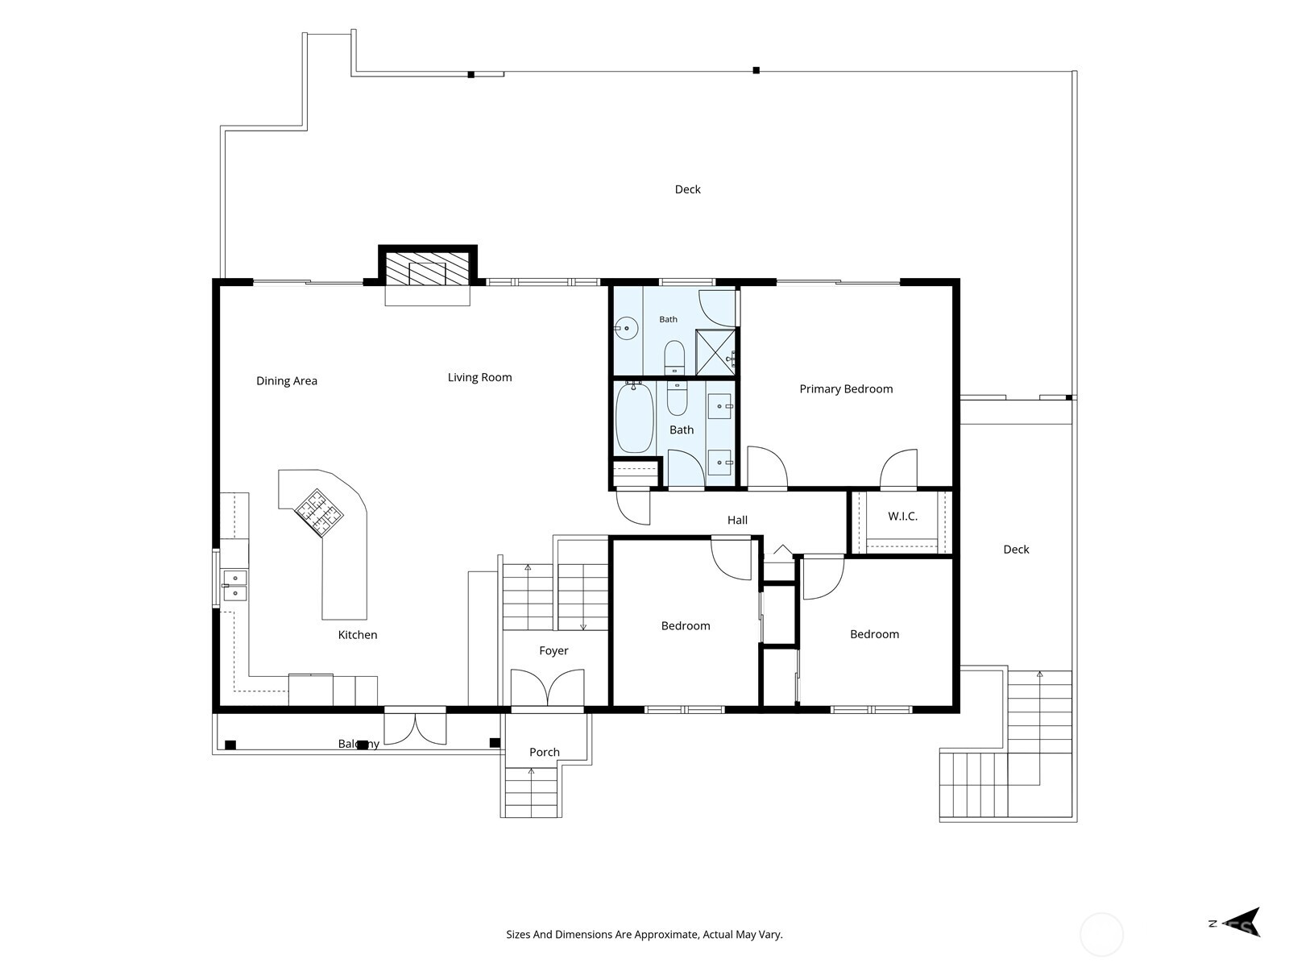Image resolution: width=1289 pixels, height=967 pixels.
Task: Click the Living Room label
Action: (x=480, y=377)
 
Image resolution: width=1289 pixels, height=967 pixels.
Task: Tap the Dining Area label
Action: (x=287, y=381)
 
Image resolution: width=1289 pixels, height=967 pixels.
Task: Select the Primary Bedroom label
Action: (x=846, y=389)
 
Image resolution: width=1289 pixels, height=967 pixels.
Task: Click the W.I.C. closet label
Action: (x=902, y=517)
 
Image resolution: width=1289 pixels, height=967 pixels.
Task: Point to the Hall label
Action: (x=738, y=521)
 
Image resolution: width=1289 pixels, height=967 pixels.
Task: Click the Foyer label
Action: (x=553, y=651)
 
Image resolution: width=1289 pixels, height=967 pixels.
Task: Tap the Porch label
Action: (x=545, y=752)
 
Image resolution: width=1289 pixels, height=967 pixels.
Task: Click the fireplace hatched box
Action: (x=428, y=269)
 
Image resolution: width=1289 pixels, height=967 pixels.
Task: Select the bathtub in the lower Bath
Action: (x=634, y=418)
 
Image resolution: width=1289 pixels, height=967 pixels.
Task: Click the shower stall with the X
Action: (x=715, y=352)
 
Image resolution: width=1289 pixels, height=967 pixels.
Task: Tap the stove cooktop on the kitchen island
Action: (x=319, y=513)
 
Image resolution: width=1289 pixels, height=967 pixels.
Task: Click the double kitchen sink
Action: (x=235, y=585)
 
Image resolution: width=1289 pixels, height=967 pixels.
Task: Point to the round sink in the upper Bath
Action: (x=627, y=328)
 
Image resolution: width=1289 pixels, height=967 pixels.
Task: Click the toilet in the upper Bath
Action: (x=674, y=358)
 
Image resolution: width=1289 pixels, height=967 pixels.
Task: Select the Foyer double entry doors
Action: (x=547, y=687)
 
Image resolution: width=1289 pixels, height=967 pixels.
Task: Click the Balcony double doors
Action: (x=415, y=728)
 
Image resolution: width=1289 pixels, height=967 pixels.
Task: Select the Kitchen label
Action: (x=358, y=635)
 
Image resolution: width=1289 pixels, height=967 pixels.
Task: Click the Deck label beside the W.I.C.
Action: (x=1016, y=550)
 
